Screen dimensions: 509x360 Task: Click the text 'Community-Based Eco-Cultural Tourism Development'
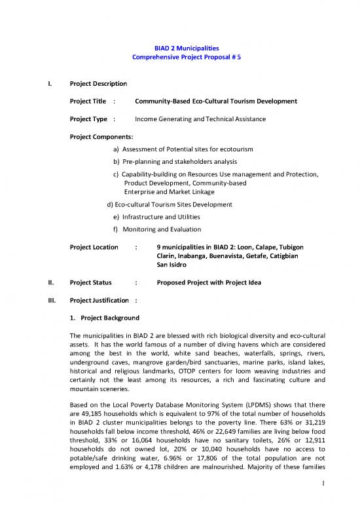coord(215,102)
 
